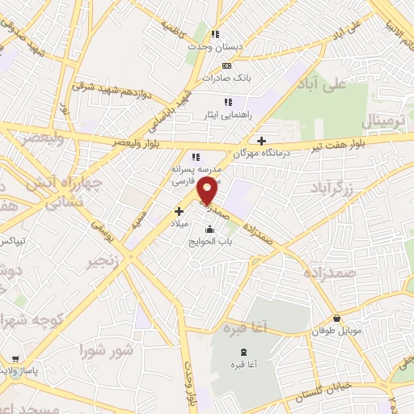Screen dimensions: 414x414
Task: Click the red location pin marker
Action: [208, 192]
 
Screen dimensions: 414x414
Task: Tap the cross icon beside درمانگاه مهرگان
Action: [261, 140]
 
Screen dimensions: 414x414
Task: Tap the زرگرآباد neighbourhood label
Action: [333, 188]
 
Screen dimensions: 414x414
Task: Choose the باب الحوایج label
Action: [209, 242]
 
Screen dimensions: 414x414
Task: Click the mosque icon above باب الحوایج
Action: [210, 230]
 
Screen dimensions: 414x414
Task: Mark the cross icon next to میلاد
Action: [179, 211]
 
